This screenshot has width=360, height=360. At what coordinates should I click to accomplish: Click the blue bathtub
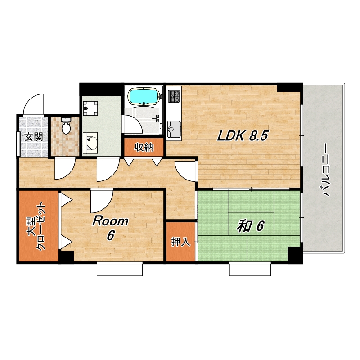[144, 96]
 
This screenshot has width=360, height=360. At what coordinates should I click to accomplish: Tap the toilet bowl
[66, 126]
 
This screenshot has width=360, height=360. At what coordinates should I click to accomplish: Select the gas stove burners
[174, 97]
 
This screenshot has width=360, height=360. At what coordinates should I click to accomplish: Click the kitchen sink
[174, 129]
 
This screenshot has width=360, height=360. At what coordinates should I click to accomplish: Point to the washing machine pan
[90, 108]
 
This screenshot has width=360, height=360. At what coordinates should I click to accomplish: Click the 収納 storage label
[144, 147]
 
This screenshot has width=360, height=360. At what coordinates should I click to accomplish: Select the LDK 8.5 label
[243, 136]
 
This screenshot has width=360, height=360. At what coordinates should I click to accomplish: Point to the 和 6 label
[251, 226]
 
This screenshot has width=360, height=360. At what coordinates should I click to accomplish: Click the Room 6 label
[110, 228]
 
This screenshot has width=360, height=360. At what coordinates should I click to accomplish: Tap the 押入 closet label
[181, 242]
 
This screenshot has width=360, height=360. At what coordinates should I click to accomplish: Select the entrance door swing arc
[33, 104]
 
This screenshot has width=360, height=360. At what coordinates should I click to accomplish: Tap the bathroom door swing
[133, 124]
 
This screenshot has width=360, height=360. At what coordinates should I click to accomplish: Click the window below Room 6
[120, 270]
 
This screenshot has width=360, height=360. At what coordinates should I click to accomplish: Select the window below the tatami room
[250, 270]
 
